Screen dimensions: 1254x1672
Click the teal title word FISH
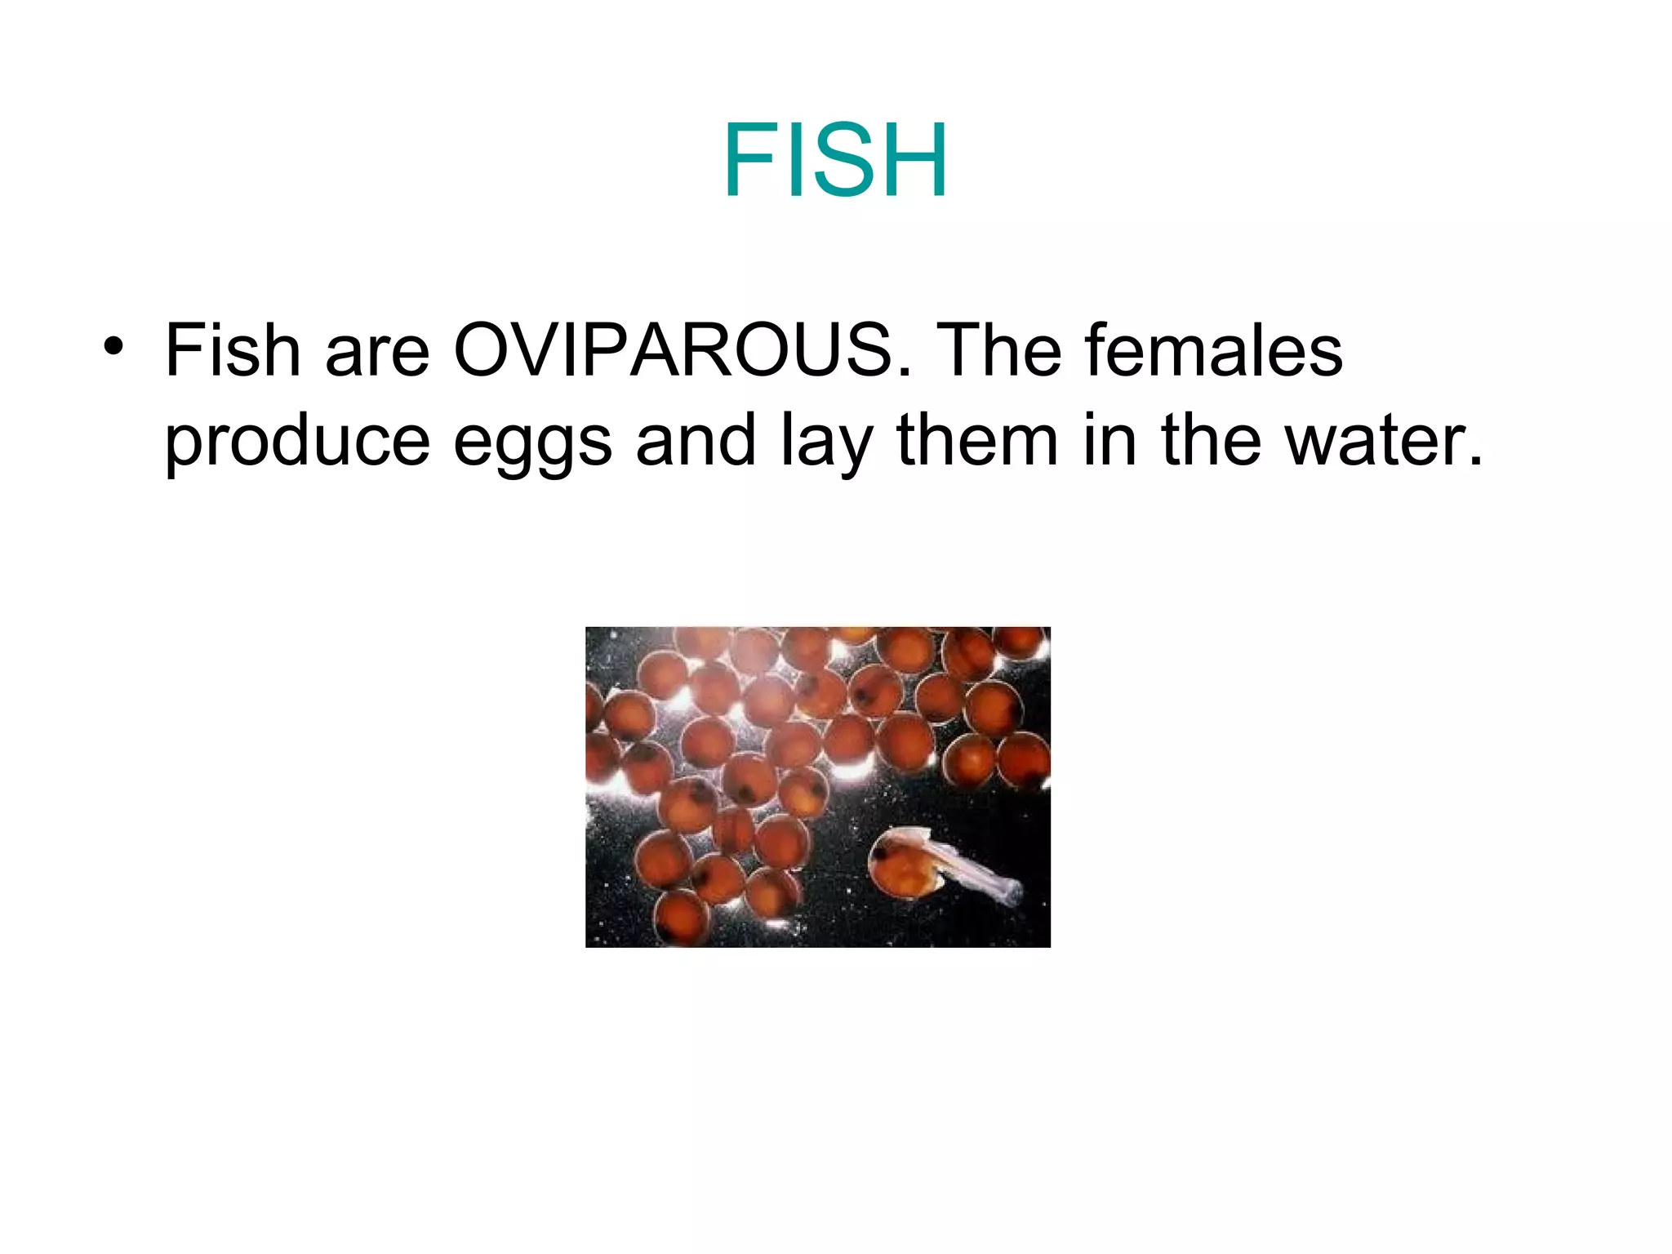click(835, 160)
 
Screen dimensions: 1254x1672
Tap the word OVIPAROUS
click(673, 350)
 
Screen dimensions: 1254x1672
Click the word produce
click(297, 442)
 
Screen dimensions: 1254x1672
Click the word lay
click(826, 442)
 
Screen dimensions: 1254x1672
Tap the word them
click(977, 440)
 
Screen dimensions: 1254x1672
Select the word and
click(696, 440)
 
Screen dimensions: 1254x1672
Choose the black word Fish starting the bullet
click(233, 350)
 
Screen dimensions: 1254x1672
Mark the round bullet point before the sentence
click(113, 346)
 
